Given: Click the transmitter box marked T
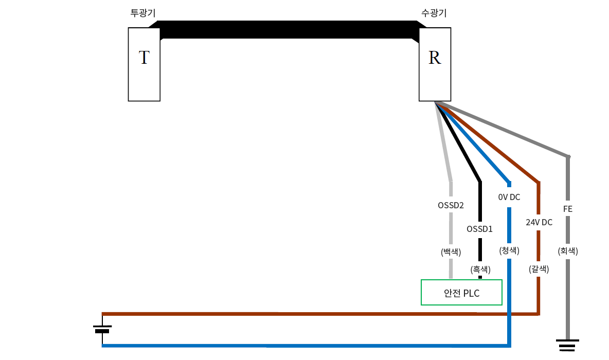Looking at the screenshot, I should [144, 64].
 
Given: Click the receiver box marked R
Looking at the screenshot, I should [435, 64].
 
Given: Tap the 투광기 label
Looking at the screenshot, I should [143, 13].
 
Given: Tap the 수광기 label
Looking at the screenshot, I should [434, 13].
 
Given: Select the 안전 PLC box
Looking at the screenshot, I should [461, 293].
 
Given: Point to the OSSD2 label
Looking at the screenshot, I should [451, 205].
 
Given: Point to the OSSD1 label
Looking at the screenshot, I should [479, 229].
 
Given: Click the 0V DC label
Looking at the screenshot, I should [509, 197].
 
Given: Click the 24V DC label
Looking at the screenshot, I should [539, 222].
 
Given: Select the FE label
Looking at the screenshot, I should [568, 209].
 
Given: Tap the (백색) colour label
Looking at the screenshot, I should [451, 252].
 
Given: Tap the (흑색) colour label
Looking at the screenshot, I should [480, 269].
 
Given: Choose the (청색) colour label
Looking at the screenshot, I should [509, 250].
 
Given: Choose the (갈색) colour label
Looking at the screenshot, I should [539, 268].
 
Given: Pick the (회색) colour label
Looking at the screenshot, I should [568, 251].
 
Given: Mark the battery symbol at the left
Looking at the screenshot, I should [102, 329].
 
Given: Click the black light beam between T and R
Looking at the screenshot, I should [288, 29].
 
